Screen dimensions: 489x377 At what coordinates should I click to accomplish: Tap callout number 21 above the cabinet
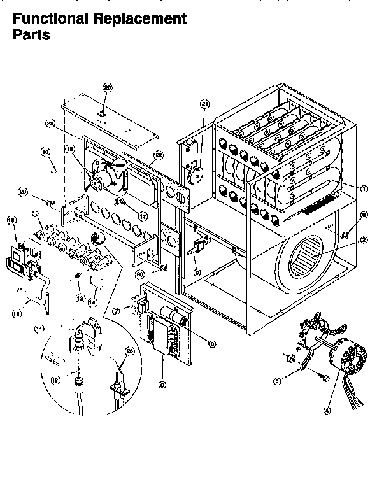click(204, 103)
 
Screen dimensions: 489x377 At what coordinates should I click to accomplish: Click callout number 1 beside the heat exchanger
click(364, 188)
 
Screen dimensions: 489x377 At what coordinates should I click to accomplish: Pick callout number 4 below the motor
click(327, 411)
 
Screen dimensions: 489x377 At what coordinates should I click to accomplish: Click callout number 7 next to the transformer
click(116, 311)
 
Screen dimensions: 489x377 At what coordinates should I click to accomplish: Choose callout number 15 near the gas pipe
click(17, 313)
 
